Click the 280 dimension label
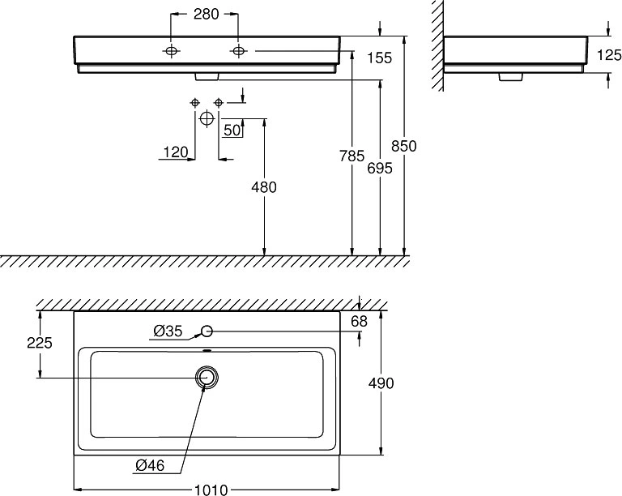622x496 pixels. (x=206, y=15)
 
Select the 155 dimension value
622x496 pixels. (x=379, y=58)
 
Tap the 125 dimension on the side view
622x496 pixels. (x=609, y=55)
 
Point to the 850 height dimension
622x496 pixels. (x=404, y=146)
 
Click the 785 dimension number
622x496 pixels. (x=351, y=156)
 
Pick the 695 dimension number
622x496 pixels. (x=380, y=169)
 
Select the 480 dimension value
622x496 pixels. (x=264, y=187)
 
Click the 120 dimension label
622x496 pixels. (x=176, y=152)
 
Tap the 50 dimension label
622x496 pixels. (x=232, y=130)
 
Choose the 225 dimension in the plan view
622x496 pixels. (x=40, y=343)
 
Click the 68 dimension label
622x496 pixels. (x=360, y=322)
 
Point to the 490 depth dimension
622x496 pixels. (x=381, y=383)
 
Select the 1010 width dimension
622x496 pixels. (x=211, y=490)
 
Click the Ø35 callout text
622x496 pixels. (x=168, y=331)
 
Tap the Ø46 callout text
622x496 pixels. (x=150, y=465)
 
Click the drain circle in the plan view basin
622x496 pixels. (x=207, y=377)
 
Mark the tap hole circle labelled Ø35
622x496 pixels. (x=207, y=331)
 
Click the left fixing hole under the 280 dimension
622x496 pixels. (x=171, y=51)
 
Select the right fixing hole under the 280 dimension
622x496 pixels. (x=238, y=51)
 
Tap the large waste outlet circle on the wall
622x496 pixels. (x=207, y=118)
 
